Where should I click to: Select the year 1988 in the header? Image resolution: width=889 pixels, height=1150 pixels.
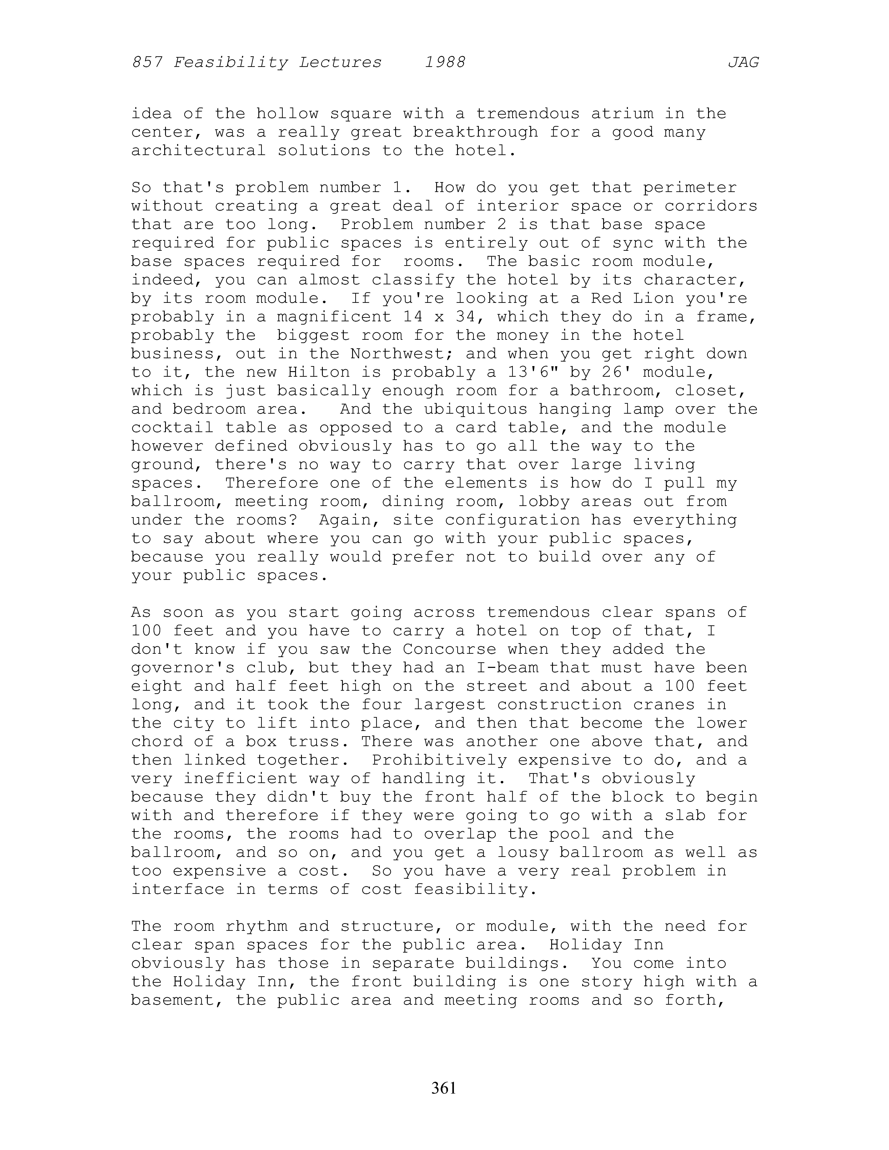tap(445, 63)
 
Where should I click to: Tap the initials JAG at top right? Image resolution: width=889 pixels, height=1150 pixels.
tap(743, 63)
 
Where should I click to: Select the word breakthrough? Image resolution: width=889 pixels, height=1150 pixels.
tap(476, 132)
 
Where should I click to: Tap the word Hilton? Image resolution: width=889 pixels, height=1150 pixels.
tap(319, 372)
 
